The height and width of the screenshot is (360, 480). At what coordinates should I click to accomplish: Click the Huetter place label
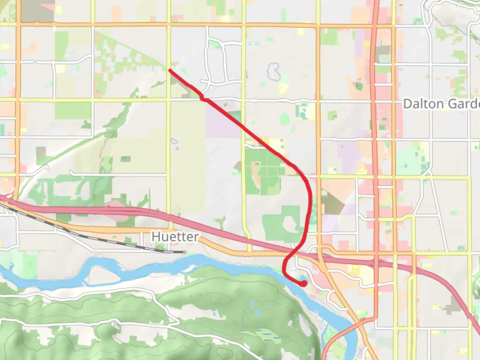point(175,237)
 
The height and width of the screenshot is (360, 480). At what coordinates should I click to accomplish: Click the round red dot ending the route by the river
point(304,283)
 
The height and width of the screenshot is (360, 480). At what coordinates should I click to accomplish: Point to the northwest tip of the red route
point(170,70)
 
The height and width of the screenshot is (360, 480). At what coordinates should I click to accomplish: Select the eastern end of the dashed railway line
point(184,252)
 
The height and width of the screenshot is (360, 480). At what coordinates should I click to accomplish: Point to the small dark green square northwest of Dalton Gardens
point(359,86)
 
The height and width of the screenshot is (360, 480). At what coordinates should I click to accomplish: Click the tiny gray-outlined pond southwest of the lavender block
point(175,143)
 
